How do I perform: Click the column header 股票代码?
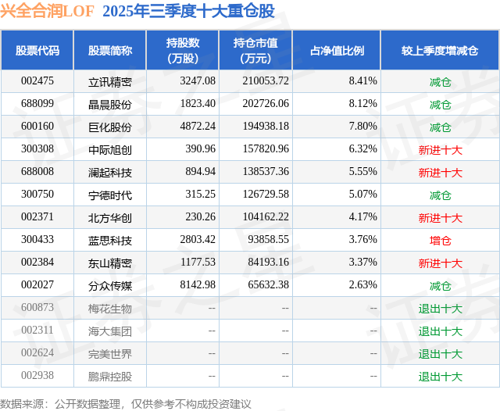[x=37, y=51]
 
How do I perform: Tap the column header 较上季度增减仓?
[x=440, y=51]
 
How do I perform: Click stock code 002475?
[x=37, y=81]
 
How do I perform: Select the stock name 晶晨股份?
[x=109, y=104]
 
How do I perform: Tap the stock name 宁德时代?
[x=109, y=195]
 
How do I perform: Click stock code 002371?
[x=37, y=217]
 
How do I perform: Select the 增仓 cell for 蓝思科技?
[x=440, y=241]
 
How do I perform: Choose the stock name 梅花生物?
[x=109, y=309]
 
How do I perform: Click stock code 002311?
[x=37, y=331]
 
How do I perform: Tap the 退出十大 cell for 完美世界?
[x=440, y=354]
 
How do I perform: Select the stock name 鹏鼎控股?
[x=109, y=377]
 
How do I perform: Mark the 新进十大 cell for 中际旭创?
[x=440, y=149]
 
